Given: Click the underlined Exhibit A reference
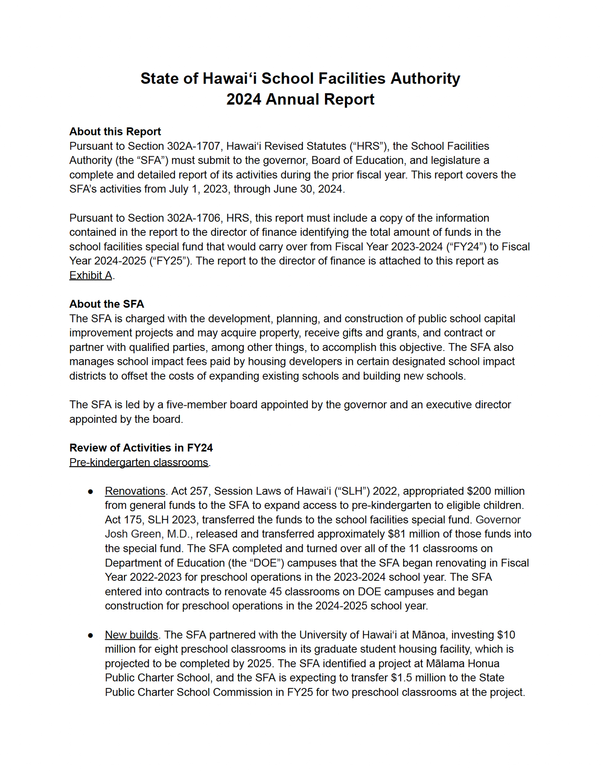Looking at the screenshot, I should coord(90,275).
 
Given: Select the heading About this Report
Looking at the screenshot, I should coord(115,131).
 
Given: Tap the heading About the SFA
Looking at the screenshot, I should coord(107,304).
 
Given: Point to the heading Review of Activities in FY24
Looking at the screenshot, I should coord(141,447).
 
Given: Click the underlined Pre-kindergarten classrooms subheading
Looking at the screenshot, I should coord(139,462).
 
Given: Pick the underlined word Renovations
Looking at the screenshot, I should coord(135,491).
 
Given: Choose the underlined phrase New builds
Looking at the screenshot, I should coord(131,634).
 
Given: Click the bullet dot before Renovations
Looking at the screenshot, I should coord(90,491).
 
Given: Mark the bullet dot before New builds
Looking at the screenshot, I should coord(90,635).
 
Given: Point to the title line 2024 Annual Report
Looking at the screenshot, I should coord(300,99).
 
